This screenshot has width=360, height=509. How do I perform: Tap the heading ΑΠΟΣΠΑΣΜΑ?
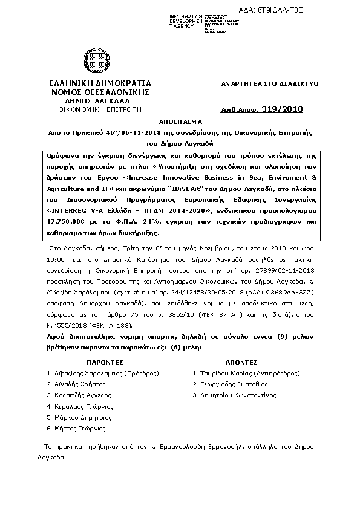tap(179, 121)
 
